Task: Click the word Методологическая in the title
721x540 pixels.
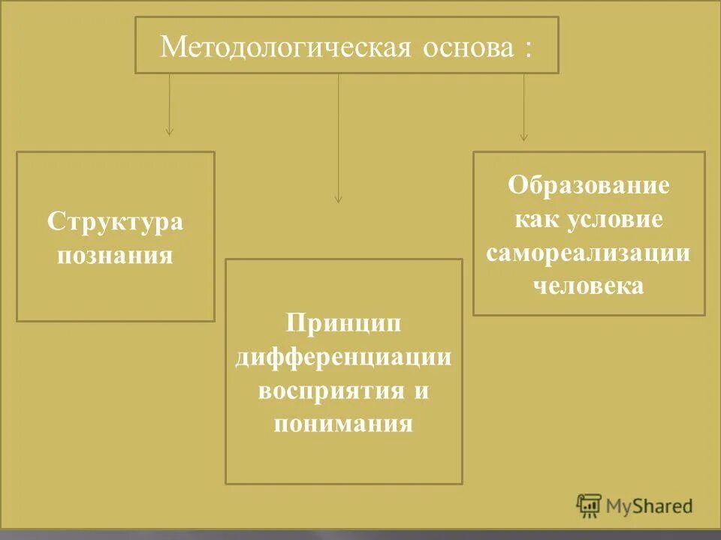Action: (x=285, y=48)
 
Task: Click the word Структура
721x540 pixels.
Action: (x=116, y=222)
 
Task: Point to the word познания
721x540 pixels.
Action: (x=116, y=255)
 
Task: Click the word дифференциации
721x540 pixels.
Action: (x=343, y=357)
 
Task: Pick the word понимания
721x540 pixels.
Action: (x=343, y=424)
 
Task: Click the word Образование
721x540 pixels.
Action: (x=588, y=185)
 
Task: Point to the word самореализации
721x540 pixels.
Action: (x=588, y=253)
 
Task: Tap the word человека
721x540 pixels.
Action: (x=588, y=286)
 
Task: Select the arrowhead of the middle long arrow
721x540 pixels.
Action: (x=338, y=199)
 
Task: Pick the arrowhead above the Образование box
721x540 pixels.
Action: (x=523, y=137)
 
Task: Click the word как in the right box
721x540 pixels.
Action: (x=535, y=219)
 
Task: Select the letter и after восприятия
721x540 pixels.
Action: (x=421, y=391)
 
